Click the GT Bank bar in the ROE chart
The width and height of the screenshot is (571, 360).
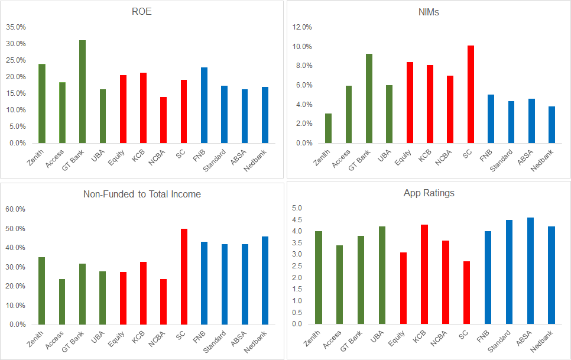tap(82, 92)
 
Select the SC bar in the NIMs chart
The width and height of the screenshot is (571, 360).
tap(471, 95)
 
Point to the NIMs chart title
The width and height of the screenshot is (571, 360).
tap(429, 12)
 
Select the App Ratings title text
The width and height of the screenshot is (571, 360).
tap(429, 193)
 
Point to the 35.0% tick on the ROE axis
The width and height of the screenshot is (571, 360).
tap(16, 27)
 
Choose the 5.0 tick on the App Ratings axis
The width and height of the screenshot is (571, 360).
tap(297, 208)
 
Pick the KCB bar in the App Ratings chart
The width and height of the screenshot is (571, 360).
tap(424, 274)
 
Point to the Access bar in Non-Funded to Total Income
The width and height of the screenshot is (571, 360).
tap(62, 301)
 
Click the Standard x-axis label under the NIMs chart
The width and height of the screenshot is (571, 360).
tap(499, 160)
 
